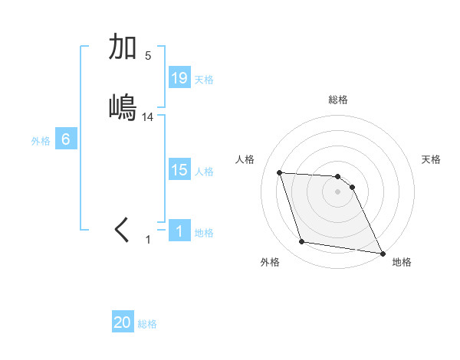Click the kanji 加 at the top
pos(123,47)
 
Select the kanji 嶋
pos(123,107)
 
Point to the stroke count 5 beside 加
pos(148,55)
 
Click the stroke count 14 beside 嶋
pos(148,116)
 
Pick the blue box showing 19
pos(179,78)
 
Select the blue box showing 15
pos(179,170)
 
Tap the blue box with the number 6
pos(66,139)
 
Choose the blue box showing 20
pos(123,323)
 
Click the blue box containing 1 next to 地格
pos(179,231)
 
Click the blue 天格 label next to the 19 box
pos(204,79)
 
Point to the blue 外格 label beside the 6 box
pos(41,140)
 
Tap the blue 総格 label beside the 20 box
pos(147,324)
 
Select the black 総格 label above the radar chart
pos(338,100)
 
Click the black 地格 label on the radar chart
pos(402,262)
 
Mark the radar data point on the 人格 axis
pos(280,172)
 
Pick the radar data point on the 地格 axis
pos(382,253)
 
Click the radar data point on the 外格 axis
pos(302,242)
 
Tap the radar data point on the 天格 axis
pos(352,187)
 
